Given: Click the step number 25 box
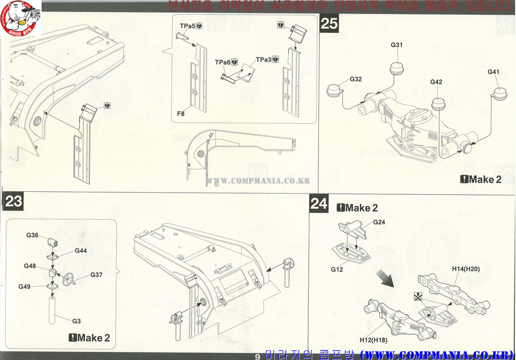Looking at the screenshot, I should coord(330,23).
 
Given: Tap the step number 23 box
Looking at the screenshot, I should coord(14,201).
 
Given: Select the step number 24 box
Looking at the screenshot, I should coord(319,203).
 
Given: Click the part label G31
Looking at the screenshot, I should coord(397,45).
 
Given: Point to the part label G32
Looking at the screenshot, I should coord(356,80).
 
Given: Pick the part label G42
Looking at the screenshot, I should coord(436,82).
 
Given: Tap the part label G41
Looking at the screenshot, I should coord(493,72).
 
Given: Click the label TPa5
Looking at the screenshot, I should coord(187,26).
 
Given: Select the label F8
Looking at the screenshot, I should coord(181,114).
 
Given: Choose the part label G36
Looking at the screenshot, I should coord(32,235).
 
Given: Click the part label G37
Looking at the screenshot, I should coord(96,275).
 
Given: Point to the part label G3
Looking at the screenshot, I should coord(77,321).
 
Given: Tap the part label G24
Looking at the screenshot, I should coord(379,222).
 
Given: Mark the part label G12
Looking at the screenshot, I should coord(337,269).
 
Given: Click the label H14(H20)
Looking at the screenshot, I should coord(466,269).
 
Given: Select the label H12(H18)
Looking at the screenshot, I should coord(373,340).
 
